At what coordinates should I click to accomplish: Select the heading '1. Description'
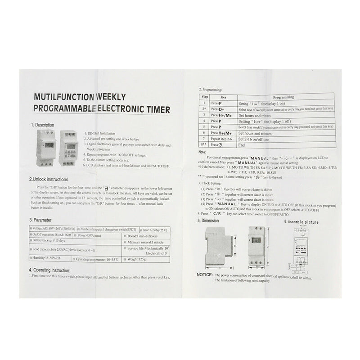[x=42, y=125]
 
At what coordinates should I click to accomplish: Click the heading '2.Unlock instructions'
[x=51, y=179]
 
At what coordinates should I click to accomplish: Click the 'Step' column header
[x=205, y=97]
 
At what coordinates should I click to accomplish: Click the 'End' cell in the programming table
[x=242, y=145]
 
